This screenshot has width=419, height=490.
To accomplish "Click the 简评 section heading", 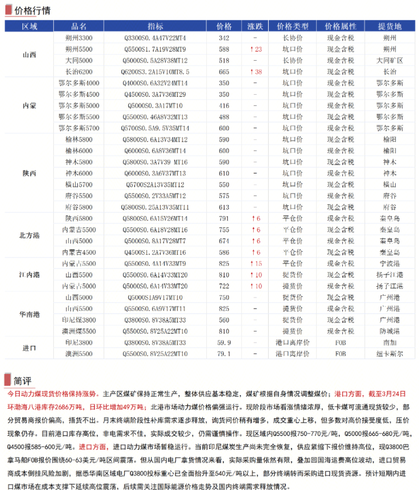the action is pos(23,381).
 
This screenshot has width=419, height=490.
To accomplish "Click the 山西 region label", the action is pos(30,55).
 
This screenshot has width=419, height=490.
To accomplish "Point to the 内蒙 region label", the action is pos(30,105).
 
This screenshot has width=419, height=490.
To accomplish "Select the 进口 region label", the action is pos(30,348).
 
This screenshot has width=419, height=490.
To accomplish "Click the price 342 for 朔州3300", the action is pos(224,38).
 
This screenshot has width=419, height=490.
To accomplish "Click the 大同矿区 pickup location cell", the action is pos(390,61).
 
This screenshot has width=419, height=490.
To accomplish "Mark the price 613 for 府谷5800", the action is pos(224,207).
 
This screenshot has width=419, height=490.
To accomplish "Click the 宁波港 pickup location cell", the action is pos(390,263).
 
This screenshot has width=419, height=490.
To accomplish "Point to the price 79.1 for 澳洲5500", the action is pos(224,354).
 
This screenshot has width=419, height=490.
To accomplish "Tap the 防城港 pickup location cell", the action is pos(390,331).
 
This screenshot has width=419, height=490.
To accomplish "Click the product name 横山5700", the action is pos(79,184).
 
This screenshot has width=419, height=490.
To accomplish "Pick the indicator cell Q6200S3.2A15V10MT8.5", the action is pos(156,72).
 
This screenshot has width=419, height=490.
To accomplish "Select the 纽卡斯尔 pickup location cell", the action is pos(390,354).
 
